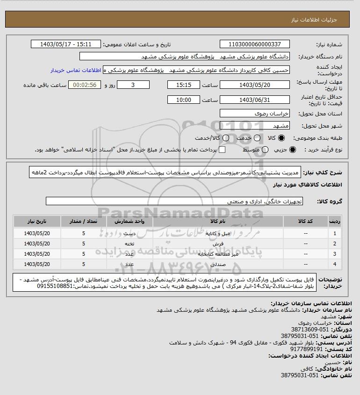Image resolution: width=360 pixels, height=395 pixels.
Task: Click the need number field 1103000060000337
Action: [254, 44]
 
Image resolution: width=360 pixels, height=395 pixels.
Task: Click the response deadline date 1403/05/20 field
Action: [254, 85]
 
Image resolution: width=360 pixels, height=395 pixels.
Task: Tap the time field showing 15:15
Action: [183, 85]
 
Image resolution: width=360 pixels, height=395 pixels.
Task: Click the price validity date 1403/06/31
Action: [254, 100]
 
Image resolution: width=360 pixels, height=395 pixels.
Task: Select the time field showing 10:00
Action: [183, 100]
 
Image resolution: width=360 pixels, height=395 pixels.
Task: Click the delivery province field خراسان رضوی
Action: [254, 114]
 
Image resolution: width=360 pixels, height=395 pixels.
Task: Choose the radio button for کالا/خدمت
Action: [226, 138]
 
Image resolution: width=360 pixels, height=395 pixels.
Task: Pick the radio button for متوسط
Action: [265, 150]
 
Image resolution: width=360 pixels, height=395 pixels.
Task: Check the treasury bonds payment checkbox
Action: [223, 150]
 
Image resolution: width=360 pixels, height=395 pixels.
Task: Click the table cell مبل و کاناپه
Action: [213, 232]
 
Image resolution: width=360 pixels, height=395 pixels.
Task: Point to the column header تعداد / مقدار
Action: [84, 221]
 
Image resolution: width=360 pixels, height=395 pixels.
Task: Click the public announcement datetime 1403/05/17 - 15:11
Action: [65, 44]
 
